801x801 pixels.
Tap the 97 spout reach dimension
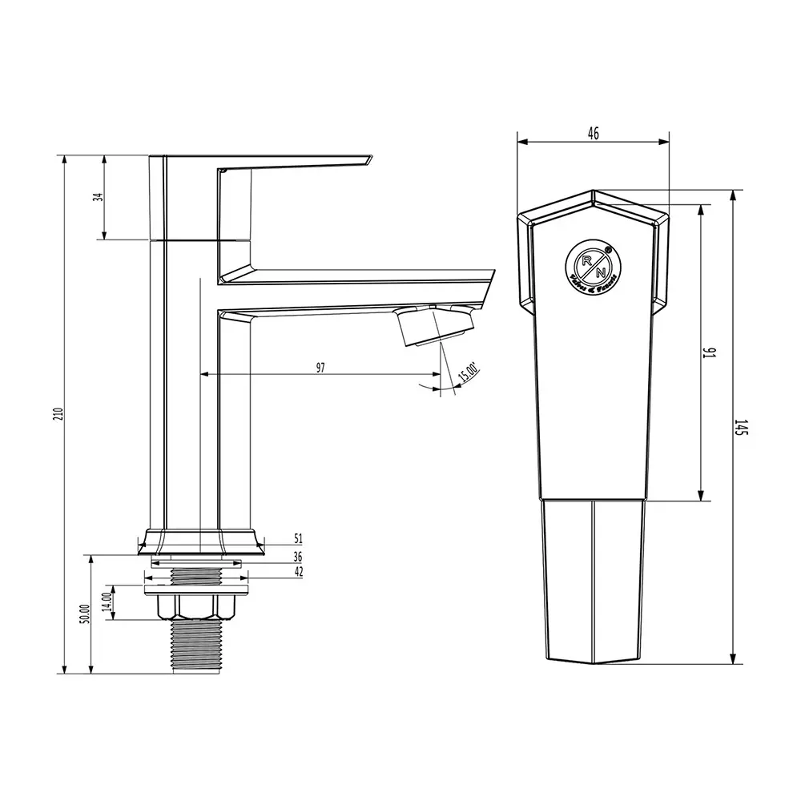tap(320, 368)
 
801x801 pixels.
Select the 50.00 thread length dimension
tap(83, 615)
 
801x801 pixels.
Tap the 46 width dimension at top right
tap(593, 134)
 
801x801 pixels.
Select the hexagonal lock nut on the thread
tap(196, 606)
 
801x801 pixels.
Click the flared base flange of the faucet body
tap(200, 541)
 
